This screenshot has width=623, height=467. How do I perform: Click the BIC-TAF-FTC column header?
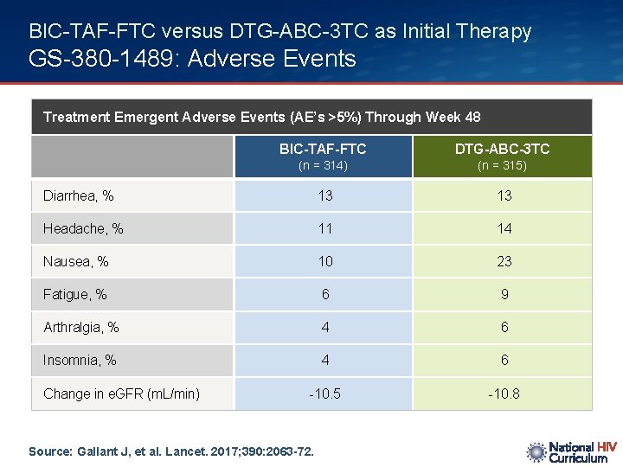pos(323,149)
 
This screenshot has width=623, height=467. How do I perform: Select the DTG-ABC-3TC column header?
pos(503,149)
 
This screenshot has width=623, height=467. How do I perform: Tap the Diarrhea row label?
pos(79,196)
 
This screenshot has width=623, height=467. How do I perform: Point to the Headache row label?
pos(83,229)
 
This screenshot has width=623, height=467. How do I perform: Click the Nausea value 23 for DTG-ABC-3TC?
pos(504,261)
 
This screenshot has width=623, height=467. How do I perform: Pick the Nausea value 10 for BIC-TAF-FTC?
pos(324,261)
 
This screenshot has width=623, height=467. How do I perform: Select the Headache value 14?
pos(504,229)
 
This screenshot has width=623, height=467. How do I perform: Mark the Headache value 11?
pos(324,229)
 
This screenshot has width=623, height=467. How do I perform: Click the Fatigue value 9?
pos(504,295)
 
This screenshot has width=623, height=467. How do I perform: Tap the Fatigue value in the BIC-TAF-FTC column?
pos(324,295)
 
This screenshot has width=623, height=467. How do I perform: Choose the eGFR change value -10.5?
pos(324,394)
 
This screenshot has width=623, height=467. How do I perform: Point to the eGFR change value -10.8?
pos(504,394)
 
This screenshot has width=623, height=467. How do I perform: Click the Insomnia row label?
pos(80,361)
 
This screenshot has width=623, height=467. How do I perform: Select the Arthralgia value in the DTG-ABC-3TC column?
pos(504,328)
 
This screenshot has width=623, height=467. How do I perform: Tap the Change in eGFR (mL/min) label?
pos(121,394)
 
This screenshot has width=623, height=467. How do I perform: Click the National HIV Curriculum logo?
pos(572,452)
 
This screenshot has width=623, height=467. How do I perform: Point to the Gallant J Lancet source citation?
pos(171,451)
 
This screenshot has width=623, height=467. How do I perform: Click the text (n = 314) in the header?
pos(323,166)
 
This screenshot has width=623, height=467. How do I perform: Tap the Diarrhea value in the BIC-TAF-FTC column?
pos(324,196)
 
